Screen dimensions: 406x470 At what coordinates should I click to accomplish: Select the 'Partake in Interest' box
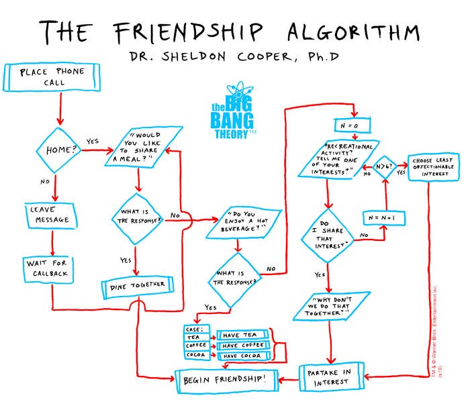pyautogui.click(x=330, y=377)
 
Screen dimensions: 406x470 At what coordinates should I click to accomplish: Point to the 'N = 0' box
pyautogui.click(x=354, y=125)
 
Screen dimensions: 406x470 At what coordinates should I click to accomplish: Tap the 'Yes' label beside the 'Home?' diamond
pyautogui.click(x=92, y=142)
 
